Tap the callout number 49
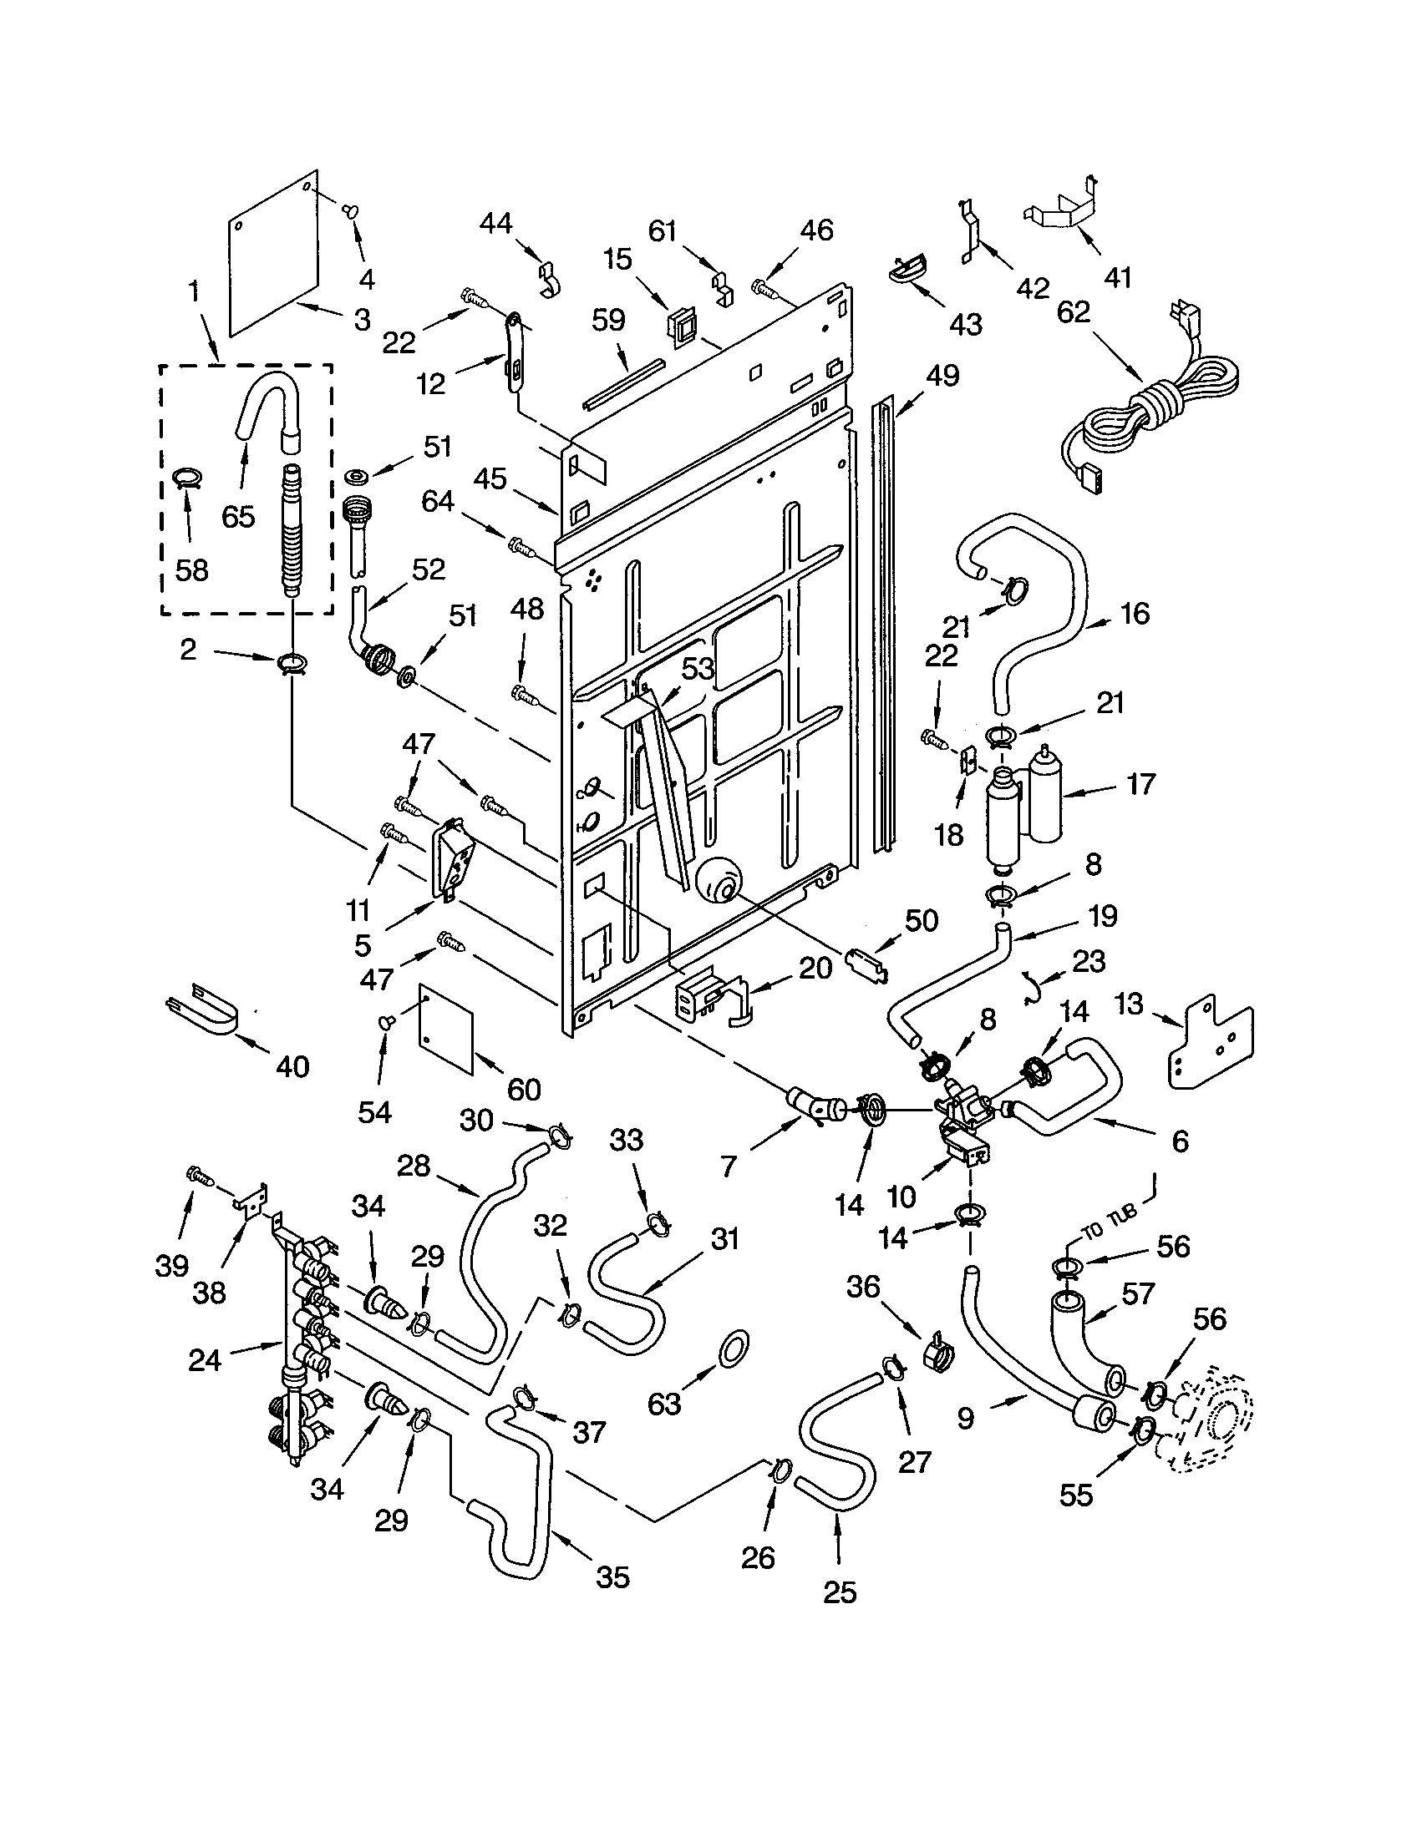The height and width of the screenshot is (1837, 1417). [x=942, y=376]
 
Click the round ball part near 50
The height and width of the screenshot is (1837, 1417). [x=717, y=884]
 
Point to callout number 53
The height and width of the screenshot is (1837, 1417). [x=697, y=669]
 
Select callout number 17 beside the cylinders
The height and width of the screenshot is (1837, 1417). [x=1140, y=785]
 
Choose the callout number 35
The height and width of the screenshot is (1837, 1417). [x=612, y=1578]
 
